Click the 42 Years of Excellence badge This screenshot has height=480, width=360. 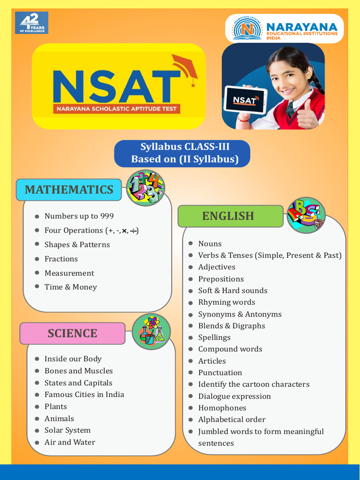click(31, 23)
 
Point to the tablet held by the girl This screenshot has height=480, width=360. click(245, 99)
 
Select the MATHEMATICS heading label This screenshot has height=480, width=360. click(69, 189)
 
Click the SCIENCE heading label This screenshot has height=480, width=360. click(72, 333)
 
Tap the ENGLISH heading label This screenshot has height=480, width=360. click(228, 216)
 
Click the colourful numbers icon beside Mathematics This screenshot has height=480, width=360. click(145, 187)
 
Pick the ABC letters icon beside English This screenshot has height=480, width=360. click(306, 215)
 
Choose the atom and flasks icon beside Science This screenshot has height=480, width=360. click(151, 331)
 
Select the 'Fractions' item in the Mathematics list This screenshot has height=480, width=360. click(61, 259)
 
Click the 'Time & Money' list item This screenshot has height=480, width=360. click(70, 287)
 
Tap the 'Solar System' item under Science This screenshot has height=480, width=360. click(67, 430)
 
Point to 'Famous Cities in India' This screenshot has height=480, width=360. click(84, 395)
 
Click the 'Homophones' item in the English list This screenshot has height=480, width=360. click(222, 408)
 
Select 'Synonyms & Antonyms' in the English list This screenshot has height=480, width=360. click(240, 314)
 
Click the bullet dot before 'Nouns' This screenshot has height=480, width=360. click(191, 244)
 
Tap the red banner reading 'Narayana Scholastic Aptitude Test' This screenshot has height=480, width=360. click(117, 109)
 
